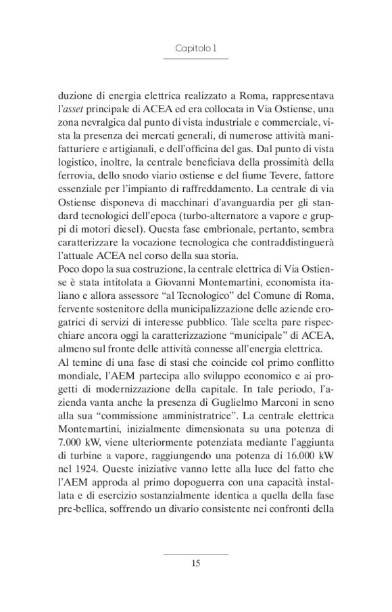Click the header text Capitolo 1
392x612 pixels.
pyautogui.click(x=195, y=49)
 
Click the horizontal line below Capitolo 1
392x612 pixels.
pyautogui.click(x=195, y=60)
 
